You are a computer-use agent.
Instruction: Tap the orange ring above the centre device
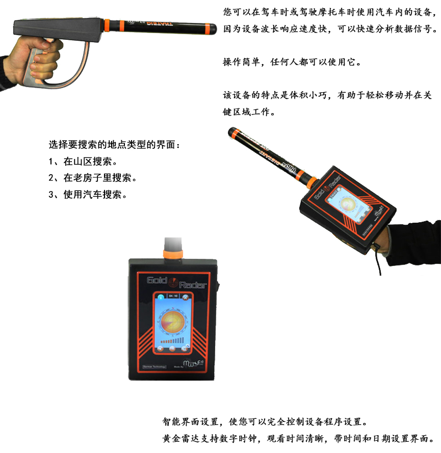(172, 253)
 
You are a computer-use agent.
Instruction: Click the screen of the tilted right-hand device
(352, 204)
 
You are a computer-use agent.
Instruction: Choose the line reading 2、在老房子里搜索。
(93, 178)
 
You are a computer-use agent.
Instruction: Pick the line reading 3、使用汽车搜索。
(88, 195)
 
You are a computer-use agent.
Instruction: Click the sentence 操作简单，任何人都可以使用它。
(292, 63)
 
